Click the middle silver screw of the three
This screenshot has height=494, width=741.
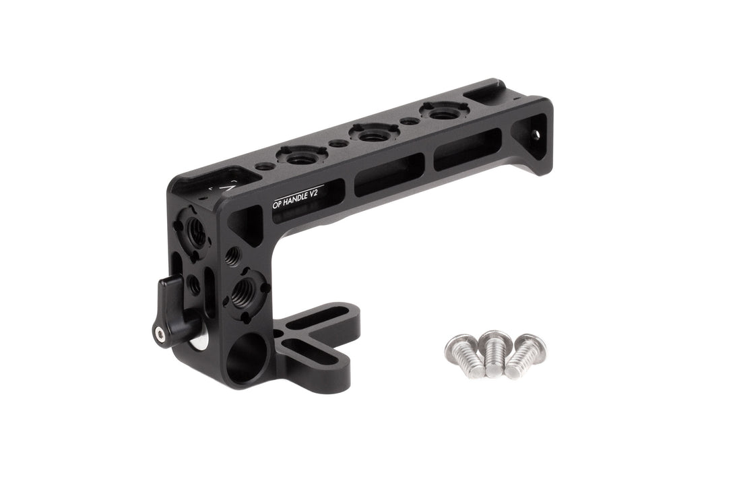[x=494, y=353]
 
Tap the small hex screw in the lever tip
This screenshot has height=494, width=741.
[x=158, y=332]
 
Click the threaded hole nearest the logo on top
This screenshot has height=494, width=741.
[x=300, y=154]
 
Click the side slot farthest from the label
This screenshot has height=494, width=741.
[x=468, y=150]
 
